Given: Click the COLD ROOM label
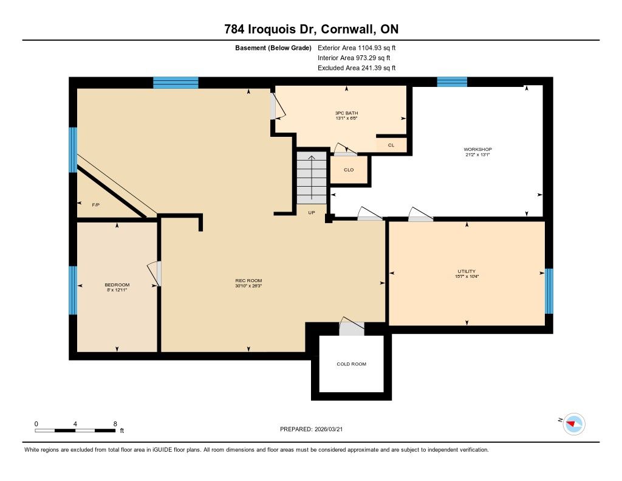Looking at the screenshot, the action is pyautogui.click(x=351, y=364).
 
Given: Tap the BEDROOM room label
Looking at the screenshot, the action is pyautogui.click(x=117, y=285).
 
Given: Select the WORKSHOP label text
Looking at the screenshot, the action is pyautogui.click(x=477, y=150).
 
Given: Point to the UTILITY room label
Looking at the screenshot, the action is pyautogui.click(x=466, y=271).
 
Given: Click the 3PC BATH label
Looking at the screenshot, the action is pyautogui.click(x=346, y=113).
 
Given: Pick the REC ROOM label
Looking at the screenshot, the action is pyautogui.click(x=248, y=280).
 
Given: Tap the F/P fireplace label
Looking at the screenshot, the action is pyautogui.click(x=95, y=205).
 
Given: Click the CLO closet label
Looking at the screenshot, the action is pyautogui.click(x=349, y=170).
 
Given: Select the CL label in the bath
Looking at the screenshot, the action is pyautogui.click(x=391, y=145).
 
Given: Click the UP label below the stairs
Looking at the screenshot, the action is pyautogui.click(x=312, y=212).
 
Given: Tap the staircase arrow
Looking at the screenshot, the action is pyautogui.click(x=312, y=177).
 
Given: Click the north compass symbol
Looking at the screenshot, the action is pyautogui.click(x=573, y=424).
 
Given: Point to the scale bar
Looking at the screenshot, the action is pyautogui.click(x=75, y=431).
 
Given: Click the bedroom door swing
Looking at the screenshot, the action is pyautogui.click(x=154, y=274).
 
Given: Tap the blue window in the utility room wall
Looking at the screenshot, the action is pyautogui.click(x=549, y=291).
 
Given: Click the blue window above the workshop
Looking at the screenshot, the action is pyautogui.click(x=452, y=82).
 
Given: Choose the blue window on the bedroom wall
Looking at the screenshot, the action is pyautogui.click(x=73, y=290).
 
